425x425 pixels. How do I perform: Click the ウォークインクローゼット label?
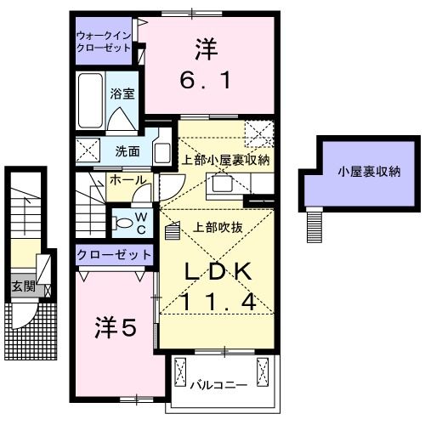(105, 42)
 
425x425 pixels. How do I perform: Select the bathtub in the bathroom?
(89, 101)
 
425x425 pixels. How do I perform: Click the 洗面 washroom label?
(127, 151)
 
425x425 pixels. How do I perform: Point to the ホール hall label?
(127, 180)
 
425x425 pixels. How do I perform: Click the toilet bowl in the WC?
(122, 224)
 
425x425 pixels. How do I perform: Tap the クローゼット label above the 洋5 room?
(114, 254)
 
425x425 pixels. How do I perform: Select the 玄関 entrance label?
(23, 286)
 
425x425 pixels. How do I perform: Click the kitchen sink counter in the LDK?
(226, 183)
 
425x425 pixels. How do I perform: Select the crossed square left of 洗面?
(88, 151)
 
